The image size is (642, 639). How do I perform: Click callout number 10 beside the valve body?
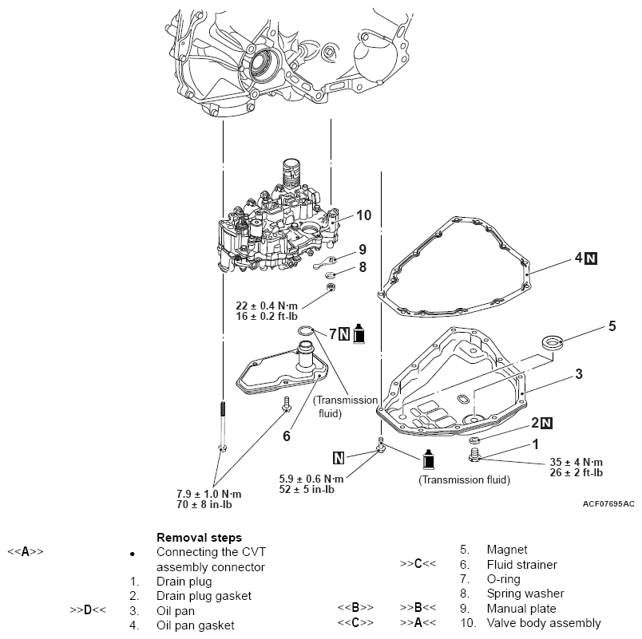pyautogui.click(x=364, y=215)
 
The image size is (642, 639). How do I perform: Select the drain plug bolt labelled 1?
pyautogui.click(x=476, y=456)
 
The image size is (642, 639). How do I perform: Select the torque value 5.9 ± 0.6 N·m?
pyautogui.click(x=311, y=479)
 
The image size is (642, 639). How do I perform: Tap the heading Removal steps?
pyautogui.click(x=199, y=537)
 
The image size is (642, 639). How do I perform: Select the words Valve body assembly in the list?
pyautogui.click(x=543, y=623)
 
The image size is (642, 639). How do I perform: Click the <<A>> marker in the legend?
pyautogui.click(x=26, y=551)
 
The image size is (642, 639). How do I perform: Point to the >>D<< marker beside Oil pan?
pyautogui.click(x=88, y=610)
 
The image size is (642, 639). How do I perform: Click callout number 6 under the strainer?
pyautogui.click(x=285, y=436)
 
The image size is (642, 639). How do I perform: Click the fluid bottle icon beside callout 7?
pyautogui.click(x=359, y=334)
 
